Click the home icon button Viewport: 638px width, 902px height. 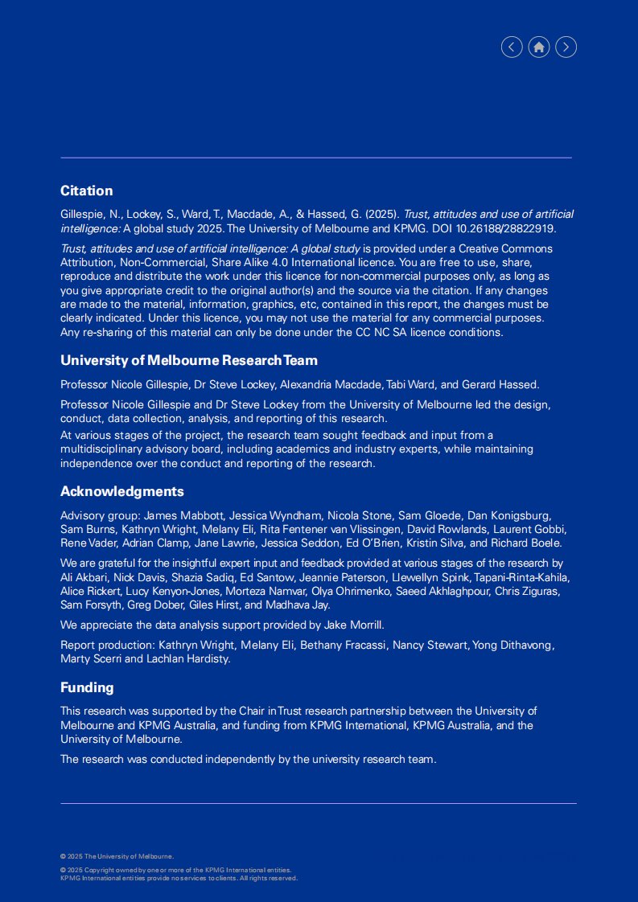coord(539,47)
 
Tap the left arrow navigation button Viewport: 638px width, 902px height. coord(512,47)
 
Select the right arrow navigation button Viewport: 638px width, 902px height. coord(566,47)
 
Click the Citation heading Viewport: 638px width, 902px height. coord(86,191)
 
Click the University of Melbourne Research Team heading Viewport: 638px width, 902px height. coord(188,360)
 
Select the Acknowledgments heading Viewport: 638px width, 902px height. coord(121,491)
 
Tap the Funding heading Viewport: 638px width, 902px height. coord(87,687)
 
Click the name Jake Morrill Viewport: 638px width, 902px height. coord(352,624)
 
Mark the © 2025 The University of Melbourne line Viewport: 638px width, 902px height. coord(117,856)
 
